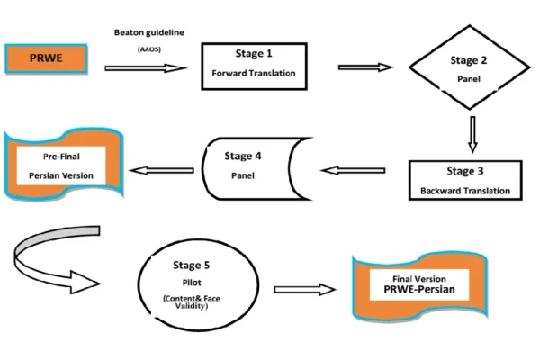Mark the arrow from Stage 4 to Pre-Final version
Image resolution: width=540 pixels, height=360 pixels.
[162, 169]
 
